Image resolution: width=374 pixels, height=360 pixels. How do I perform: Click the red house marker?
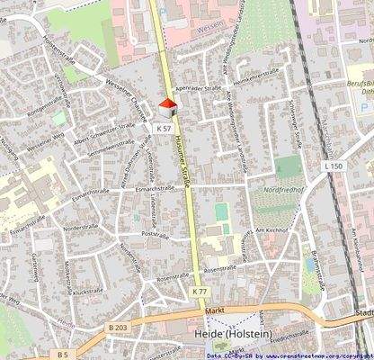point(166,108)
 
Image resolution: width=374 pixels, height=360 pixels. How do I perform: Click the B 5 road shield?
point(63,354)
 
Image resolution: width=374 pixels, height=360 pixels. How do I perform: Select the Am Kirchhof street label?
point(270,230)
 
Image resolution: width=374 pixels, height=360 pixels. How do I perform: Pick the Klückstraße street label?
point(88,292)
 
